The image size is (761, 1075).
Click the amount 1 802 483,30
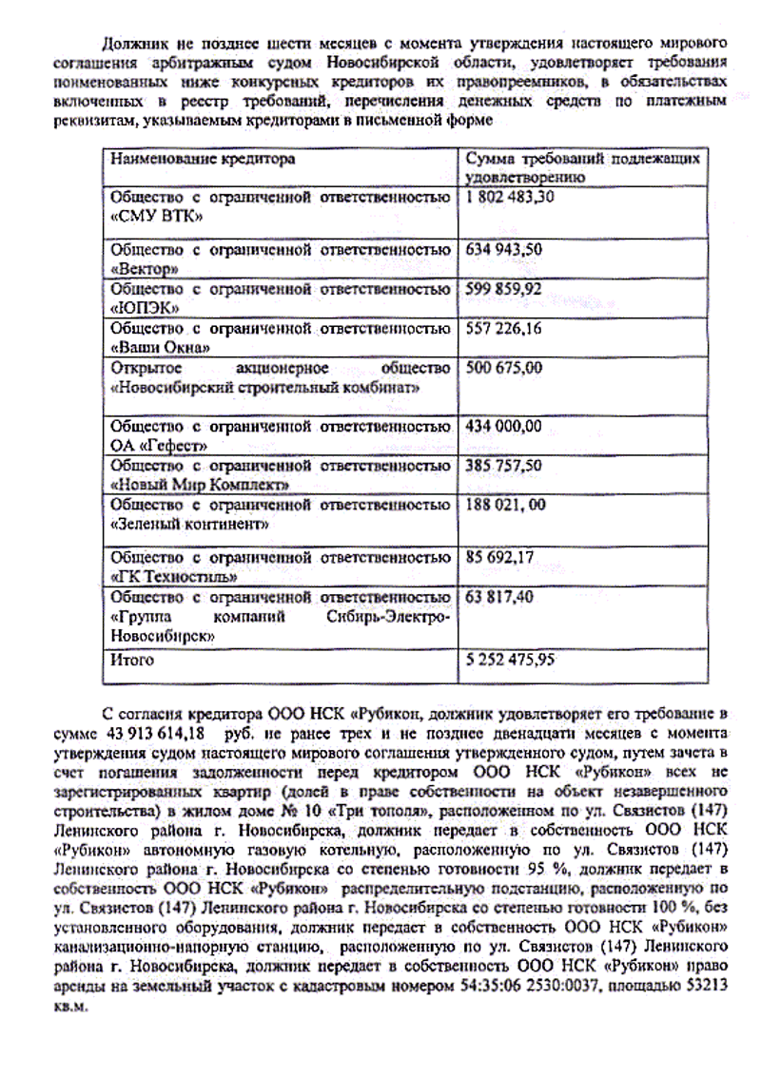click(511, 198)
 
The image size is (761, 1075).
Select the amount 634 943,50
click(504, 250)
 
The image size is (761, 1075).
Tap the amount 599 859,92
click(504, 289)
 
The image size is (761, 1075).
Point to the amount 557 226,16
click(504, 328)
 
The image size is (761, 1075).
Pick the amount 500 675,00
click(504, 367)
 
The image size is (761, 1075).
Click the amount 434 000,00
click(504, 426)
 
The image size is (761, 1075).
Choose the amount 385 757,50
click(504, 466)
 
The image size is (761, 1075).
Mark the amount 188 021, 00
click(506, 505)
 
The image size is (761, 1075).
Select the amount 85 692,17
click(500, 557)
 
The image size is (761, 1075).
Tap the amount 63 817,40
click(500, 597)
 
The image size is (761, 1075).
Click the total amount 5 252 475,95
click(511, 659)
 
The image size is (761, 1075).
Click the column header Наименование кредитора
click(203, 159)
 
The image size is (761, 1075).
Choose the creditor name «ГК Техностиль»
click(174, 576)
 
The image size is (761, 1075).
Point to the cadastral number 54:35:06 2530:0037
click(537, 986)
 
